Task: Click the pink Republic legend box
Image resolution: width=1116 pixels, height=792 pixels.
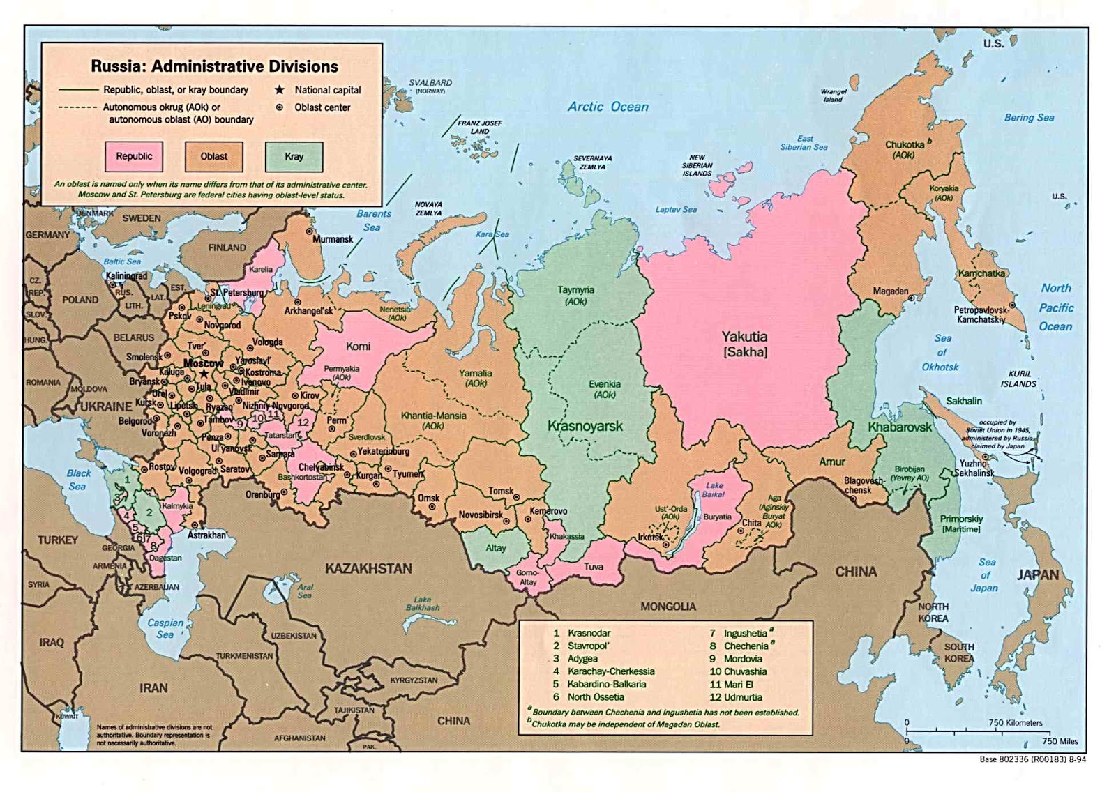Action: pyautogui.click(x=134, y=156)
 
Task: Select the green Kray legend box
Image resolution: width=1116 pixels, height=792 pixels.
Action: pyautogui.click(x=294, y=156)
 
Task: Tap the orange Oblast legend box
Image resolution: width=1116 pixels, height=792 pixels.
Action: pyautogui.click(x=214, y=156)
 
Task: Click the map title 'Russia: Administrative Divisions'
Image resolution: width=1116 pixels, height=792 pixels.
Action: pyautogui.click(x=214, y=66)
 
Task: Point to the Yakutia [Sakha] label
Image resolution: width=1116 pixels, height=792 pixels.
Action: pyautogui.click(x=745, y=344)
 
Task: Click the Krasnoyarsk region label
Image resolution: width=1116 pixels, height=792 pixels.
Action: pyautogui.click(x=585, y=426)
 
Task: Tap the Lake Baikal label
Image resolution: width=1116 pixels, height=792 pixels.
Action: pyautogui.click(x=714, y=489)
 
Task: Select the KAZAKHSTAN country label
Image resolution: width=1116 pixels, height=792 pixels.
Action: pyautogui.click(x=368, y=568)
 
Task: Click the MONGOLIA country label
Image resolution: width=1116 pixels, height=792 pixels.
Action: pyautogui.click(x=668, y=607)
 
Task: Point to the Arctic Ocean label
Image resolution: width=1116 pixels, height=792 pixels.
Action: pyautogui.click(x=608, y=107)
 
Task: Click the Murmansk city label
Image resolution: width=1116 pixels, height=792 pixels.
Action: pyautogui.click(x=333, y=239)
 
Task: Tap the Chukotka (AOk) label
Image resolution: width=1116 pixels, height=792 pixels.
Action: pyautogui.click(x=905, y=149)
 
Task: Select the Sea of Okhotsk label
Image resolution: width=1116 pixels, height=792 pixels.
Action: pyautogui.click(x=940, y=352)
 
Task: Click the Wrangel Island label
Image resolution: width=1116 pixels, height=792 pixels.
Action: pyautogui.click(x=833, y=96)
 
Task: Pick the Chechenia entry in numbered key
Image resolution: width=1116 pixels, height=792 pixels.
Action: pyautogui.click(x=746, y=646)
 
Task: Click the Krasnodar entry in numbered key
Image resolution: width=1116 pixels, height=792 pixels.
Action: pyautogui.click(x=589, y=633)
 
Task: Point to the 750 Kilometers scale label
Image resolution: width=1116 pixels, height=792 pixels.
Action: pyautogui.click(x=1015, y=722)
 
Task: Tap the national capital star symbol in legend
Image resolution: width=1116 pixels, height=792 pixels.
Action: pyautogui.click(x=280, y=90)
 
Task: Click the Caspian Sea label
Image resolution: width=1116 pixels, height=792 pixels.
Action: pyautogui.click(x=165, y=628)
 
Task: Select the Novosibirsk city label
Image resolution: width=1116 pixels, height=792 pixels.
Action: pyautogui.click(x=481, y=515)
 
